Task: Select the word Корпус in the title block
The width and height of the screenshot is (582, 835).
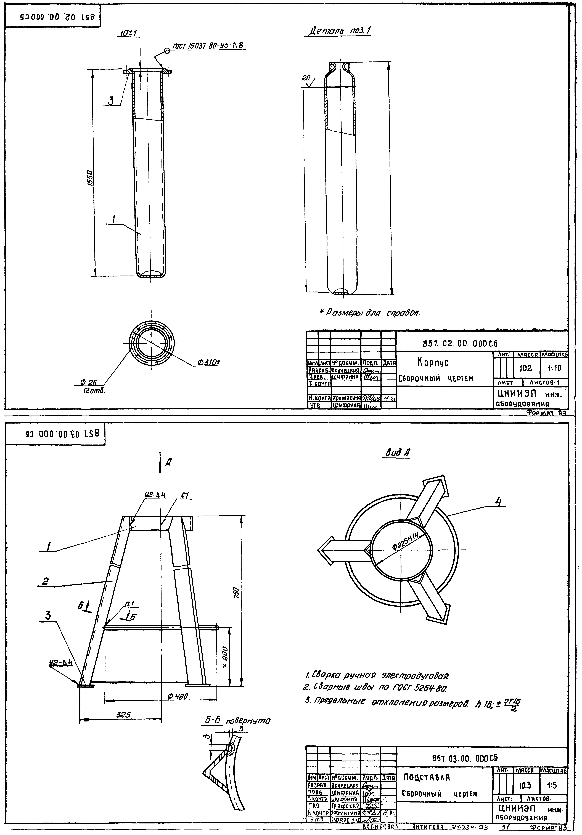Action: click(x=433, y=363)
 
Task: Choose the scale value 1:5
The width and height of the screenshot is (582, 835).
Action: click(x=552, y=785)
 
